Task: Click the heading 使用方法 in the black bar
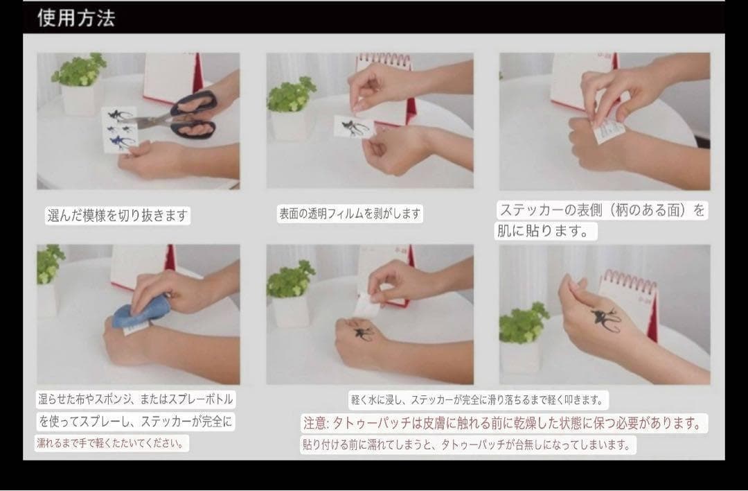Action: [76, 18]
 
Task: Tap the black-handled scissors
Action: [186, 116]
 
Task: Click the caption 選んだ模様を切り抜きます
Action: [117, 216]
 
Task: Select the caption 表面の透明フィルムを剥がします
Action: [350, 214]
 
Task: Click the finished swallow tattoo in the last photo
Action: [606, 319]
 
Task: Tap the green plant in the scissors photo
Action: [79, 70]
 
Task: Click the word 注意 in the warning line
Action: [315, 423]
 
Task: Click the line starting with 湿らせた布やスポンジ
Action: [136, 399]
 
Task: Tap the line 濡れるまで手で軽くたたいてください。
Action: [111, 442]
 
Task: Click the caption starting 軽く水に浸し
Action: [477, 399]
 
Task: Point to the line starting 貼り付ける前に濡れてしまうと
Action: [467, 445]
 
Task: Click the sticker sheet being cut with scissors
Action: [119, 130]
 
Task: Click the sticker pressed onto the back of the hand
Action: [608, 130]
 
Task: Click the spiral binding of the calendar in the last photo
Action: [629, 280]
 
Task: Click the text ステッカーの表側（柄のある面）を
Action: [602, 210]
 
